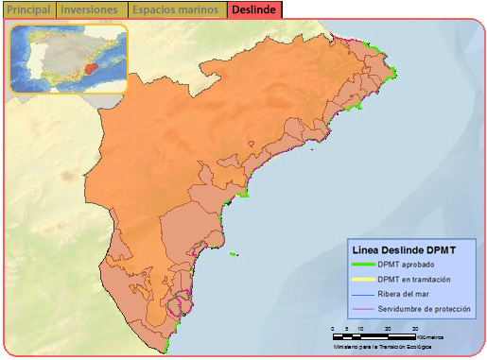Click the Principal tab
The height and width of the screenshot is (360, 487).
pos(28,9)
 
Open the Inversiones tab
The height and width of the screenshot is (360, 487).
pos(91,9)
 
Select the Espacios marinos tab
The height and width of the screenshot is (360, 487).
pos(177,9)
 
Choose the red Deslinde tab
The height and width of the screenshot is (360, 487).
pos(253,9)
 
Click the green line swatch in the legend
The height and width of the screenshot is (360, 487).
pos(360,266)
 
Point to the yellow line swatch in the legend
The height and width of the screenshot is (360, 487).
pos(360,281)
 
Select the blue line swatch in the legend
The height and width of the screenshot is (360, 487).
pos(360,296)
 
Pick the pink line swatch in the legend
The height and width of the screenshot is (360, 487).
pos(360,310)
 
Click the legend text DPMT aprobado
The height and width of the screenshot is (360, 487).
pos(406,266)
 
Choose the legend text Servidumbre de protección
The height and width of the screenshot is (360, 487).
pos(424,310)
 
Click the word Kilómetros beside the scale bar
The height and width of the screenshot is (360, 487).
pos(431,336)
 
